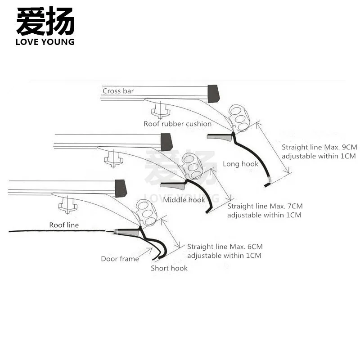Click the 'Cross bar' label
click(x=118, y=91)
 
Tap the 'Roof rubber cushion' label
click(x=177, y=124)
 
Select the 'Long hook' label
click(x=240, y=164)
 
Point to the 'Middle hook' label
click(x=184, y=200)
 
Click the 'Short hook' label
click(x=169, y=268)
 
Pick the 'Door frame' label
click(x=120, y=259)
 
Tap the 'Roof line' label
click(x=64, y=225)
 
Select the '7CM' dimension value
click(x=295, y=206)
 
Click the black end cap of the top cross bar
click(x=213, y=94)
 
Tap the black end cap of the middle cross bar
click(x=166, y=142)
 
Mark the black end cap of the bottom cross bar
click(x=121, y=188)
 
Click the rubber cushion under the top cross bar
click(x=161, y=110)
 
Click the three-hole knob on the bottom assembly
click(x=146, y=213)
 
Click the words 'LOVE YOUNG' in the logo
click(x=45, y=42)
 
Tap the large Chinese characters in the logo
click(x=45, y=21)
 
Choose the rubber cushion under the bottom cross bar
click(x=68, y=205)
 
